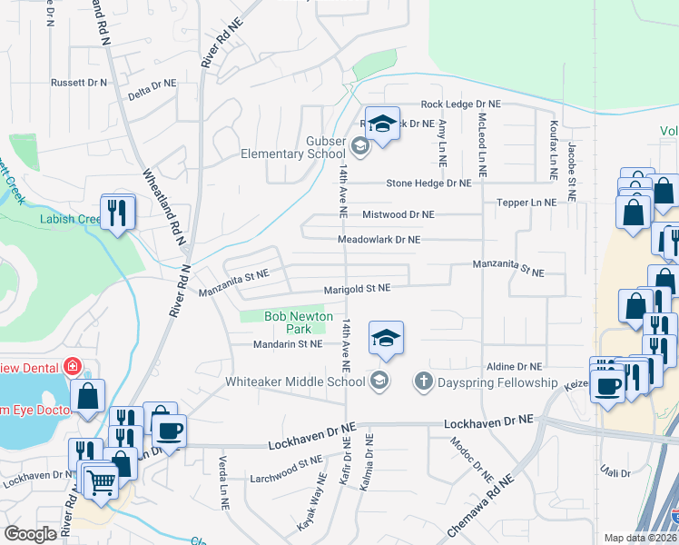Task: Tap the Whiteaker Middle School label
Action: [x=297, y=381]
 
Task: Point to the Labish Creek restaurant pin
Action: [x=118, y=213]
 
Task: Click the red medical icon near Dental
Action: [x=74, y=368]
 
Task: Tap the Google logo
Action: [x=31, y=533]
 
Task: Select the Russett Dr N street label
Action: [x=78, y=83]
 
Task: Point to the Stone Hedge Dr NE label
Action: [x=428, y=183]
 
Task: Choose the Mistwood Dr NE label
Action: [x=399, y=214]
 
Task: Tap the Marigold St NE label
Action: [x=357, y=288]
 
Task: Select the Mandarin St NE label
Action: [x=288, y=344]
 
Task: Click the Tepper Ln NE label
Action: [x=526, y=203]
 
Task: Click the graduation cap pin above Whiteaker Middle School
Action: [x=386, y=339]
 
